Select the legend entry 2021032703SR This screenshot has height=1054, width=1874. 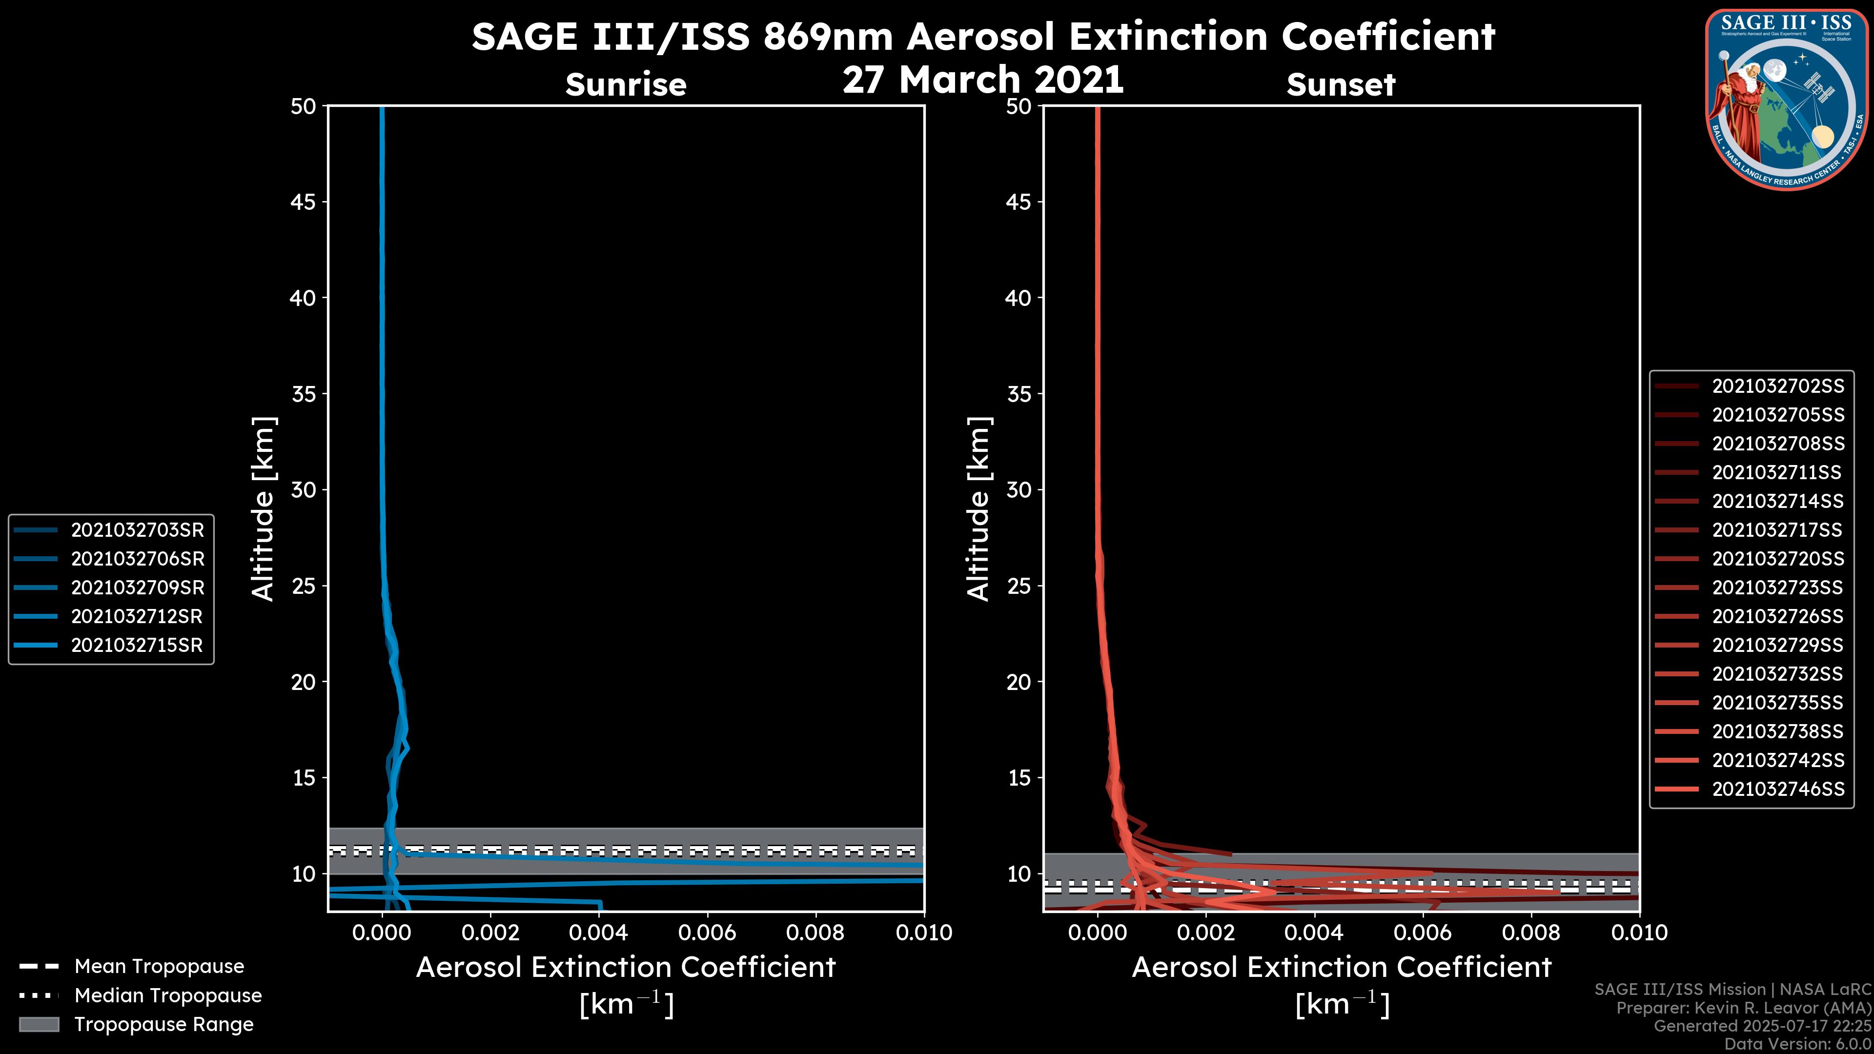(x=137, y=530)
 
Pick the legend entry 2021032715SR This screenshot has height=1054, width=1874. (x=136, y=645)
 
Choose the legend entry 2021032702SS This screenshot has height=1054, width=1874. (x=1777, y=386)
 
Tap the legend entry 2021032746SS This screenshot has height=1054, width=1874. (x=1777, y=789)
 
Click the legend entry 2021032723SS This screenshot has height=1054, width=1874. (x=1777, y=588)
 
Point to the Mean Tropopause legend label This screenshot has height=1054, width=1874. (x=159, y=967)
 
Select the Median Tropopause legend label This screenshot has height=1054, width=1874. (x=168, y=996)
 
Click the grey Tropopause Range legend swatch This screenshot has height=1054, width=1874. (x=39, y=1024)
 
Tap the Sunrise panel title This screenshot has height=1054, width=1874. (x=626, y=85)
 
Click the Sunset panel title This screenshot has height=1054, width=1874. (x=1341, y=85)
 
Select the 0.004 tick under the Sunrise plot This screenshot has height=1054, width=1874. (x=598, y=932)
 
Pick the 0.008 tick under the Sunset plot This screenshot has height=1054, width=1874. (x=1531, y=932)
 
